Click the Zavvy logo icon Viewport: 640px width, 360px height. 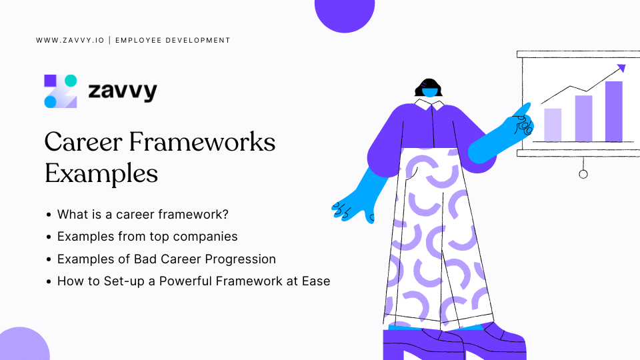(x=61, y=91)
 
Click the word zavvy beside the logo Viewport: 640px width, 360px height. (x=123, y=91)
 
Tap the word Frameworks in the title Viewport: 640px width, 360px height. (x=202, y=142)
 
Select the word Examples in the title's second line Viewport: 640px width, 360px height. (x=101, y=173)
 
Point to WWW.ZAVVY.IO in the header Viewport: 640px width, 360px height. (x=70, y=41)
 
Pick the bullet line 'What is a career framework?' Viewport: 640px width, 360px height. (x=143, y=214)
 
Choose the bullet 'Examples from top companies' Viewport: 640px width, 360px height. (x=147, y=237)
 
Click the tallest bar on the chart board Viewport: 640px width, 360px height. (x=614, y=111)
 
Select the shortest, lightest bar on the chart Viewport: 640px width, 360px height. (x=553, y=125)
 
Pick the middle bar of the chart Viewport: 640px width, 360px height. (x=584, y=119)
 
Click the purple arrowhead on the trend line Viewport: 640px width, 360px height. (x=621, y=68)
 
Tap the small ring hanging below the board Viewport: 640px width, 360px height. (x=583, y=174)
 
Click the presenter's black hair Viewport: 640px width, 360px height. (x=429, y=86)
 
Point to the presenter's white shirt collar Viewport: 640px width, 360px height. (x=429, y=104)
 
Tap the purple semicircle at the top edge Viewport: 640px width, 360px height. (x=345, y=14)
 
